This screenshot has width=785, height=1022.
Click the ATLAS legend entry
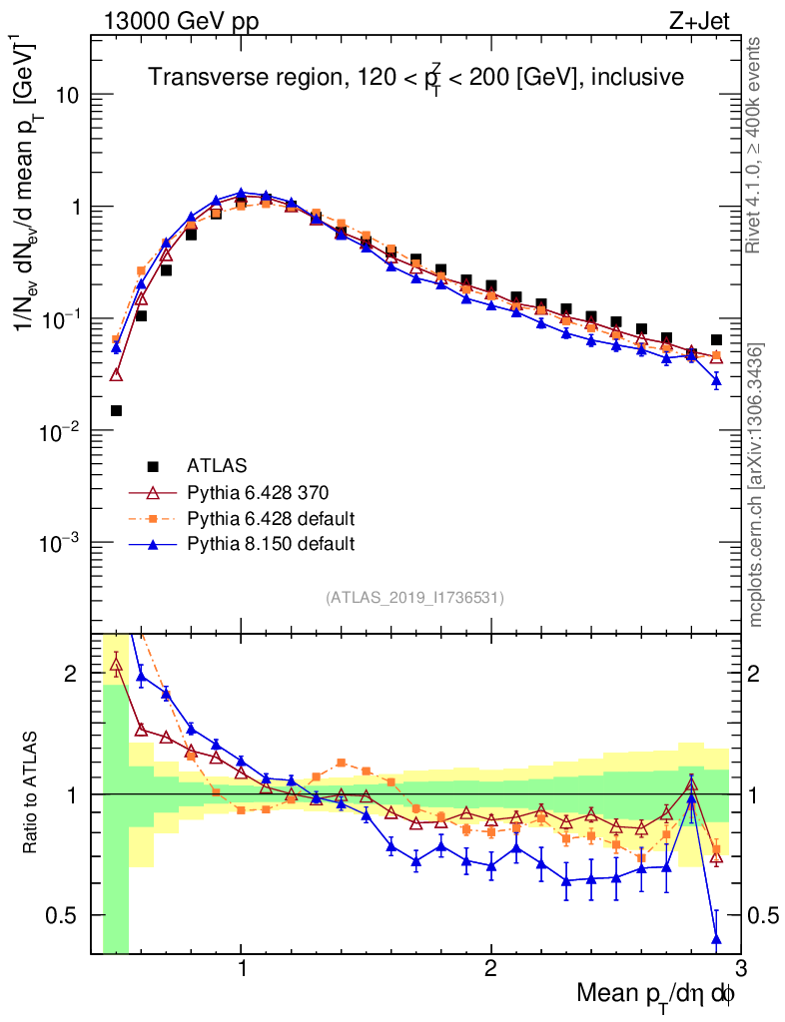tap(217, 465)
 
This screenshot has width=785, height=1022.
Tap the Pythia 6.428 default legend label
tap(271, 518)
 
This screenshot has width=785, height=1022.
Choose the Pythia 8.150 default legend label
tap(271, 544)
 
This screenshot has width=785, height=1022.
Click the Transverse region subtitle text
tap(415, 77)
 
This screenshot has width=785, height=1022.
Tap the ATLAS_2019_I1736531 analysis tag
tap(414, 598)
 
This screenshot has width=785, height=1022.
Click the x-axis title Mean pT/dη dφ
tap(655, 993)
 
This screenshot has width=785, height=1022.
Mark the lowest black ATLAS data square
tap(117, 410)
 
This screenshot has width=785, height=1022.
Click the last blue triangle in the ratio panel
tap(716, 938)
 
